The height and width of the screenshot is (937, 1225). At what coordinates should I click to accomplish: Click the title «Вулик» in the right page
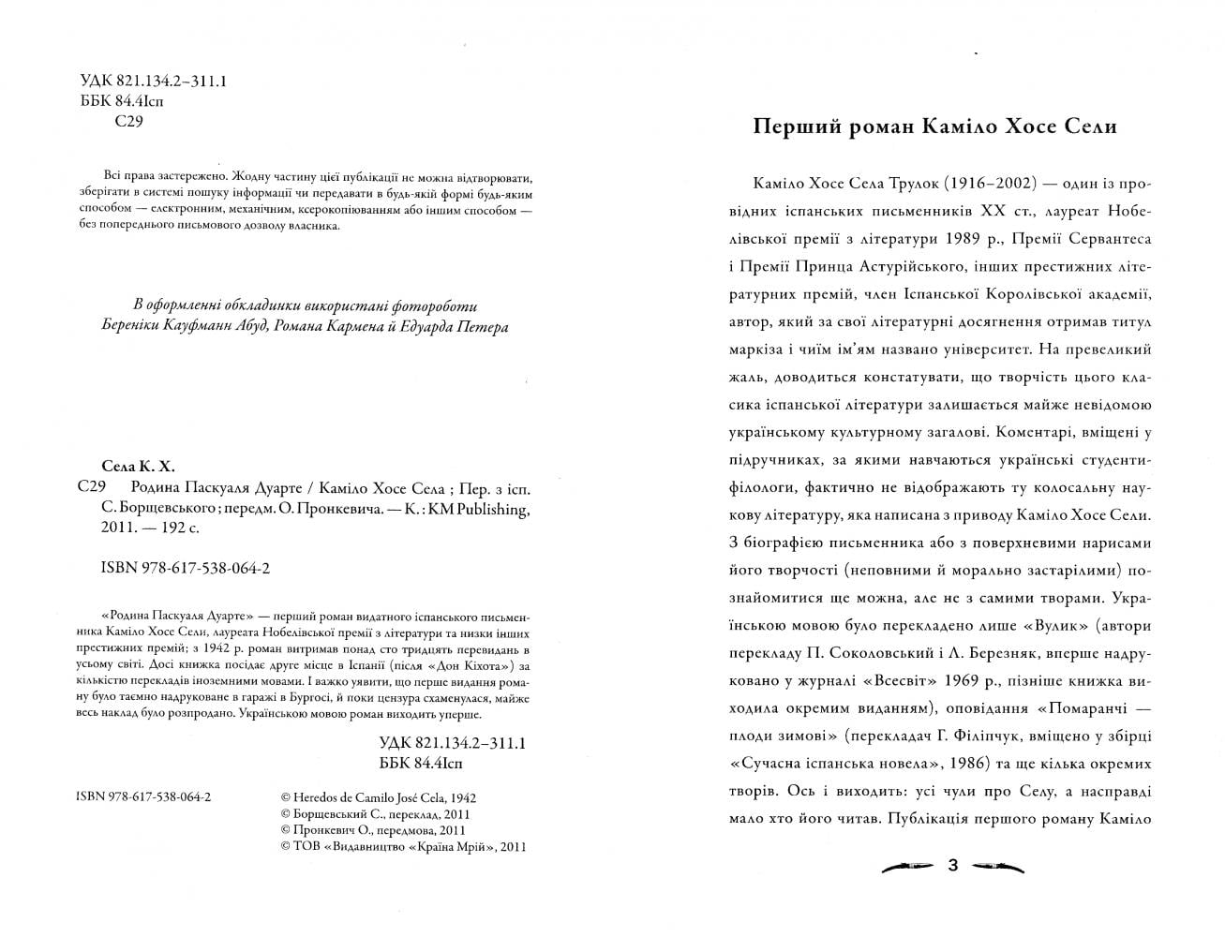pyautogui.click(x=1046, y=625)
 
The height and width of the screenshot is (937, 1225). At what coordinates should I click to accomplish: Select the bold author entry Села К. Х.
pyautogui.click(x=138, y=467)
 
